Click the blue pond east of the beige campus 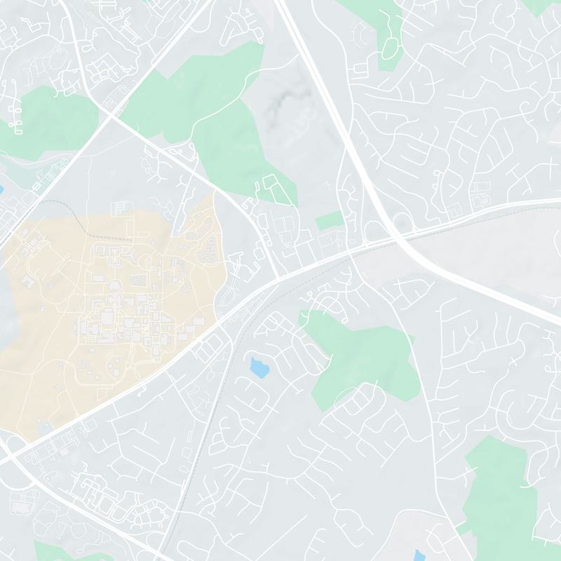coord(258,365)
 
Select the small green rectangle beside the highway coord(329,221)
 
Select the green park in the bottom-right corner coord(498,498)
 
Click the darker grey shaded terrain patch coord(280,105)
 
